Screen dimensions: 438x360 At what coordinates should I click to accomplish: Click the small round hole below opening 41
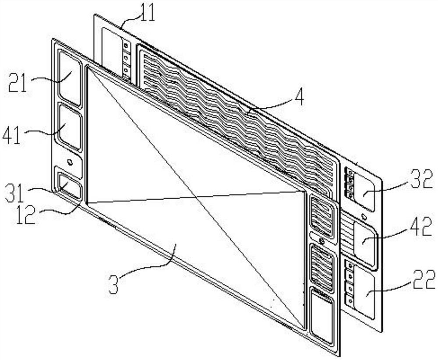point(69,161)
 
